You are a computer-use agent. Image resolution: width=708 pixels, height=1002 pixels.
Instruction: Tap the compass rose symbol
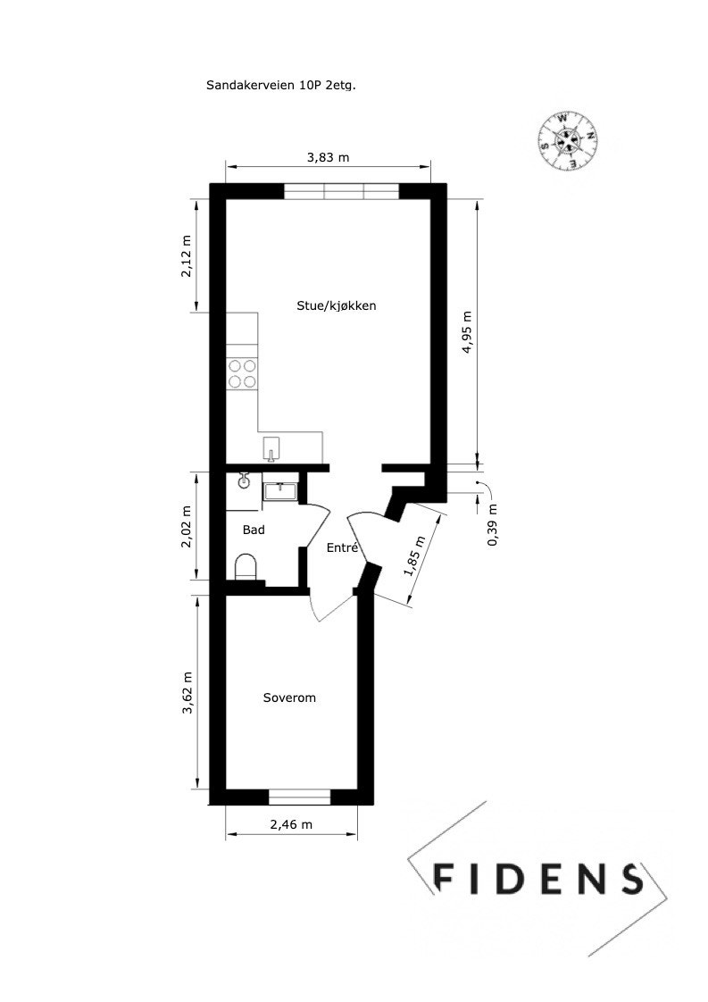568,139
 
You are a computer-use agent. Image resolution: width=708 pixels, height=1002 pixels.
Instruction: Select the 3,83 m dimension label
328,157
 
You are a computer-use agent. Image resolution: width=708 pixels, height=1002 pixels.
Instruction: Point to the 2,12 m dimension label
187,256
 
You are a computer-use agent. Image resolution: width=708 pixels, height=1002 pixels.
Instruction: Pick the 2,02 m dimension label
187,528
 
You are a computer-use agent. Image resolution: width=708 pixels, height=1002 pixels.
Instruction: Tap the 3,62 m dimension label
187,692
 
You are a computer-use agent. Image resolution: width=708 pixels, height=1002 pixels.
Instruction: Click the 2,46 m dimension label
291,825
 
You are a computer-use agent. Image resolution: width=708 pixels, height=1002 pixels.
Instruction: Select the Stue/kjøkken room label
337,305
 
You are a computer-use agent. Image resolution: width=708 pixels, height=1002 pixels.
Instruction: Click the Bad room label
254,530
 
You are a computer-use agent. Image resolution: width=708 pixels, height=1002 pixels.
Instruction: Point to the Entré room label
342,548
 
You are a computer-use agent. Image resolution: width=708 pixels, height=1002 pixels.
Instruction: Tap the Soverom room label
289,697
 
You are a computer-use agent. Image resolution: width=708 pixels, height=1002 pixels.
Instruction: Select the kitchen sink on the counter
271,448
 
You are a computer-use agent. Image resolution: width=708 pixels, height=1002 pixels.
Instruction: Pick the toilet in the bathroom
246,566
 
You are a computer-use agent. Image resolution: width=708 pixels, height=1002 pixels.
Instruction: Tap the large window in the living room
343,191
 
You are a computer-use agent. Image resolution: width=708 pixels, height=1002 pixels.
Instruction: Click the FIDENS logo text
537,879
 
